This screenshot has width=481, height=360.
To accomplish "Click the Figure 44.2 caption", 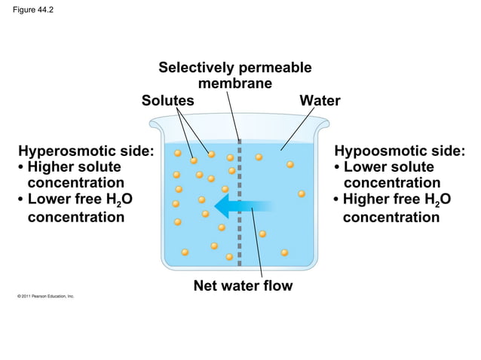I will click(x=33, y=10).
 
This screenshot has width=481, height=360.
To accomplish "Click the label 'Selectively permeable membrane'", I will click(x=234, y=75).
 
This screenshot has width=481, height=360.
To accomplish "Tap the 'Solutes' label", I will click(x=168, y=100).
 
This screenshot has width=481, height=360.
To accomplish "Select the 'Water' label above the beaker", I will click(x=320, y=100).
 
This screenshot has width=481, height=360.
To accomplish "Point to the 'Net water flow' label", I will click(x=243, y=285).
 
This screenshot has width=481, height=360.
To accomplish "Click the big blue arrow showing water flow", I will click(x=240, y=204).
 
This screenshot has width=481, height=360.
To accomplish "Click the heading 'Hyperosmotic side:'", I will click(x=85, y=151).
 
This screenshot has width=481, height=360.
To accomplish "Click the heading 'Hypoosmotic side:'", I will click(x=399, y=151).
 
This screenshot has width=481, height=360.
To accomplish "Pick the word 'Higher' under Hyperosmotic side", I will click(x=53, y=166).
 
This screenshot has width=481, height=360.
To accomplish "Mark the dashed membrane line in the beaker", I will click(x=239, y=226).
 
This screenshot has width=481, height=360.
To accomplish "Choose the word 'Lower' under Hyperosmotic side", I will click(x=51, y=200).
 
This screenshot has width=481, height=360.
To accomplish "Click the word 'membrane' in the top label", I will click(x=234, y=84).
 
